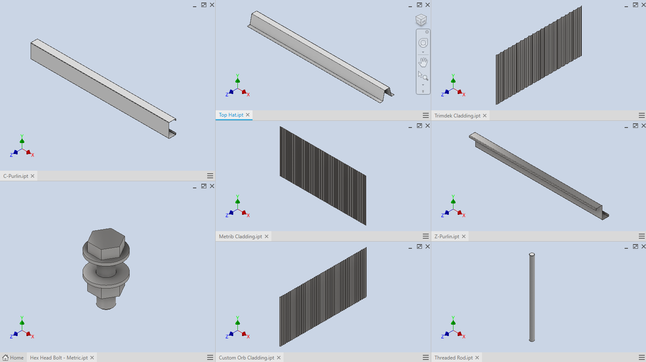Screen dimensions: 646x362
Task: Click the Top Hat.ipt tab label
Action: point(231,115)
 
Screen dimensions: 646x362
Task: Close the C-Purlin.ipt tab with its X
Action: point(33,176)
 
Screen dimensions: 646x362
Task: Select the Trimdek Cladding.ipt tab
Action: point(457,116)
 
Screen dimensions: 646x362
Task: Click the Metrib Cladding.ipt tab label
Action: point(240,237)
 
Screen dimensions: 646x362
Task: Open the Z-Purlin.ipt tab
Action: point(447,237)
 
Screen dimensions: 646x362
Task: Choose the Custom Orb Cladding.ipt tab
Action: point(247,358)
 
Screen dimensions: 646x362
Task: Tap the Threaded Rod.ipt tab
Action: point(453,358)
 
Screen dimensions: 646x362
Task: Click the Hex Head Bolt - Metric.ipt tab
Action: point(59,358)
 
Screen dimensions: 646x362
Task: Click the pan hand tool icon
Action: point(423,63)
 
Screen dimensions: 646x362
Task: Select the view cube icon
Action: point(421,20)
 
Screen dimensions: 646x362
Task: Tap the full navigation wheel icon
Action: point(423,43)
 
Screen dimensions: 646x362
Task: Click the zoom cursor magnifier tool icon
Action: point(423,76)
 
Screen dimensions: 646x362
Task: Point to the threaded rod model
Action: point(532,297)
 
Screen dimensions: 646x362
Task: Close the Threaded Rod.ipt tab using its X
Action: point(477,358)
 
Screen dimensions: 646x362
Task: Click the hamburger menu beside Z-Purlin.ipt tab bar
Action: point(641,237)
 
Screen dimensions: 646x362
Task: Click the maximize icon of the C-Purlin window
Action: point(204,5)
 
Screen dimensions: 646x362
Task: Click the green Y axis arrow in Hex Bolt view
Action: point(22,322)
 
